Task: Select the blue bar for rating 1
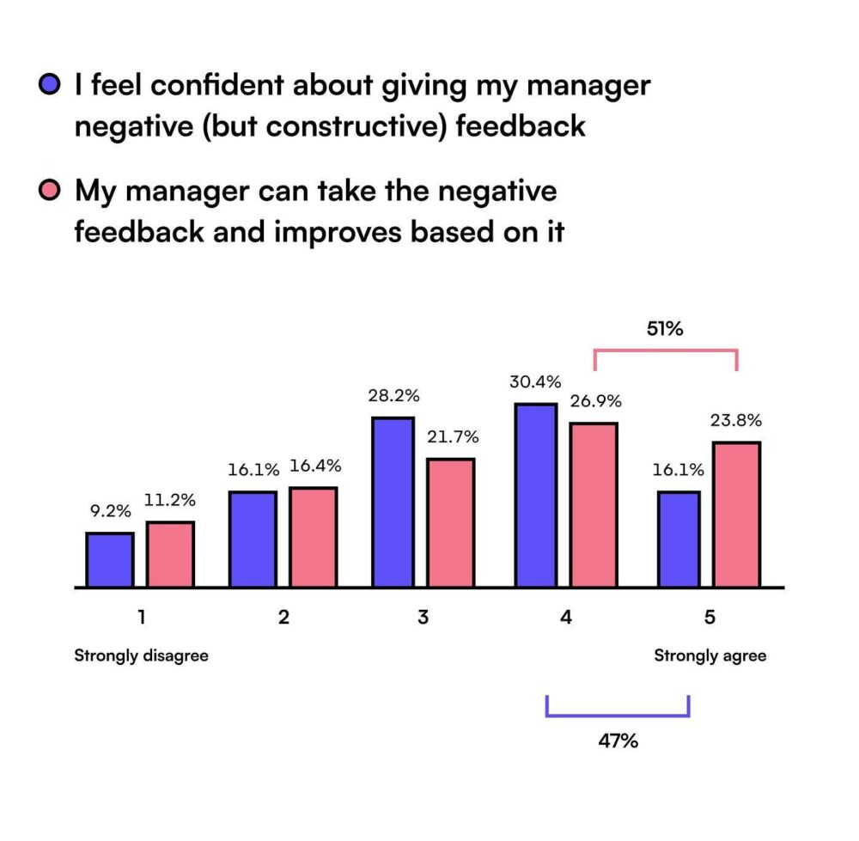pyautogui.click(x=110, y=560)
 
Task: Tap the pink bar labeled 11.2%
pyautogui.click(x=170, y=554)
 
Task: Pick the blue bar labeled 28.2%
pyautogui.click(x=393, y=503)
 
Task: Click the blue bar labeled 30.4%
pyautogui.click(x=535, y=495)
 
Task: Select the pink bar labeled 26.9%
pyautogui.click(x=594, y=505)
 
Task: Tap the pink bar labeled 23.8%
pyautogui.click(x=736, y=515)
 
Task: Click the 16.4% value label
pyautogui.click(x=315, y=466)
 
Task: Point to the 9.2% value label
pyautogui.click(x=110, y=511)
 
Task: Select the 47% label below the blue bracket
pyautogui.click(x=618, y=740)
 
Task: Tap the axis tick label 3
pyautogui.click(x=423, y=618)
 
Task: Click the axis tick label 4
pyautogui.click(x=565, y=618)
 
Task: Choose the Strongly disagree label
pyautogui.click(x=141, y=656)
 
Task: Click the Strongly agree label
pyautogui.click(x=710, y=656)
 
